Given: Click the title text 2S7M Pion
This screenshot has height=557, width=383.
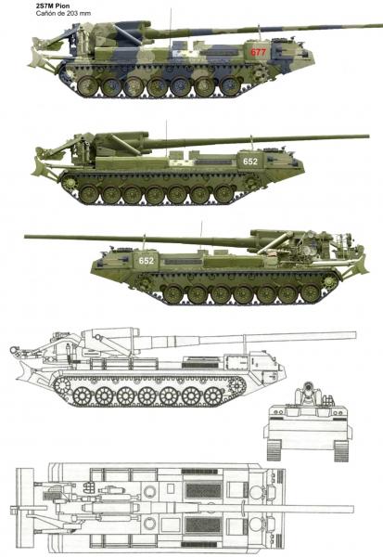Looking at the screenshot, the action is [52, 6].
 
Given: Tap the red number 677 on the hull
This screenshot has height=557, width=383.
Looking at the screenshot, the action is [258, 52].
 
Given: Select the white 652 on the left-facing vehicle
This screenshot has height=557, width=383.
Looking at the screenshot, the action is [147, 261].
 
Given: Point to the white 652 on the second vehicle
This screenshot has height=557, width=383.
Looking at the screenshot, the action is [250, 162].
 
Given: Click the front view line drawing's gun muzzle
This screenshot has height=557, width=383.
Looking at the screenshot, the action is [309, 386].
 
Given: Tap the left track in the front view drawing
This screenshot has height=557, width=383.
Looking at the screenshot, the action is [274, 450].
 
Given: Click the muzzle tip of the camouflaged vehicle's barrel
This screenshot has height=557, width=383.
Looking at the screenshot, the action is [380, 26].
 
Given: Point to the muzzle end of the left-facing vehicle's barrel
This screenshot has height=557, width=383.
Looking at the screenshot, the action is [26, 236].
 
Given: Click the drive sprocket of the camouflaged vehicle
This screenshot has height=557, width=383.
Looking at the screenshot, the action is [262, 72].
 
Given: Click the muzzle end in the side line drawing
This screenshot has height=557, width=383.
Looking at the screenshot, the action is [354, 335].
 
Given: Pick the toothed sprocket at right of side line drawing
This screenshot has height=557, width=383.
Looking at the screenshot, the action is [237, 386].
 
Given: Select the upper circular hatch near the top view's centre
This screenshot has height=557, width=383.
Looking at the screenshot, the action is [150, 492].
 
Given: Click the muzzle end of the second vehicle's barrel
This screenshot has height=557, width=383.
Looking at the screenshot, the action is [367, 136].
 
